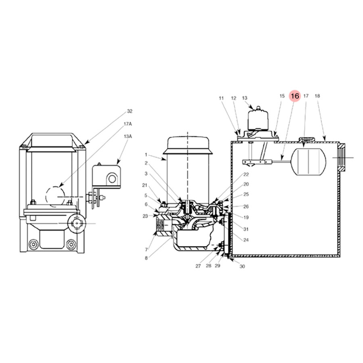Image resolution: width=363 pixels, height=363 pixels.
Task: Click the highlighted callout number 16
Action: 295,96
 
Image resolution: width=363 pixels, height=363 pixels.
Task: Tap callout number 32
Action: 129,111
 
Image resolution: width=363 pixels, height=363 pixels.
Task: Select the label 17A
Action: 127,124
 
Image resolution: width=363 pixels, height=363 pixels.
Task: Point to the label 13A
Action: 127,136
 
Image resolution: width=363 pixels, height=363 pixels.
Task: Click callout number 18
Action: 317,96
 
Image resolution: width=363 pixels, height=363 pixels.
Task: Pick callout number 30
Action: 242,267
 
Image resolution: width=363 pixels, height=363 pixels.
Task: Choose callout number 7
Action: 146,250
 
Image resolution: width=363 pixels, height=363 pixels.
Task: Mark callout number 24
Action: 246,240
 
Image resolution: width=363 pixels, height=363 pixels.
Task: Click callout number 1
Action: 146,154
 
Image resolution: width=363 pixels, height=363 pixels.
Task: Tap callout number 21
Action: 145,185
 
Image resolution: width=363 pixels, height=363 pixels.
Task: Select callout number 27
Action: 198,266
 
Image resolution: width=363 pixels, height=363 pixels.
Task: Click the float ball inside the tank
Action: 309,161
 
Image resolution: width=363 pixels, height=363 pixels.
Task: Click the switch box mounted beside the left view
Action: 106,176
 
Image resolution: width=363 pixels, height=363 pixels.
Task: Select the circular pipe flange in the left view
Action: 76,223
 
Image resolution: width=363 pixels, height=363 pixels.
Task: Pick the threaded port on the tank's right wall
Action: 342,157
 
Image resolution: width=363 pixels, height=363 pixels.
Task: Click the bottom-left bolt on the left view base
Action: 34,244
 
